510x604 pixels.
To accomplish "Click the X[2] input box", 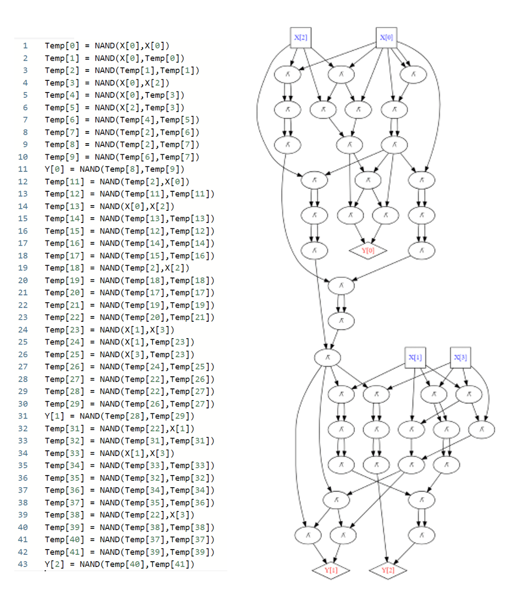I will [x=300, y=38].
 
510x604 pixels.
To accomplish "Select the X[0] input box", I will [x=386, y=38].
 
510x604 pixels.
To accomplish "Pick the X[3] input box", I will [x=460, y=357].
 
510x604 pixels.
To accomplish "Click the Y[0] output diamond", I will [x=368, y=250].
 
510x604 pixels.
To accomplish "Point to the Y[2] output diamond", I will [x=388, y=570].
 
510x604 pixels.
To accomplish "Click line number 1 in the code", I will [x=24, y=45].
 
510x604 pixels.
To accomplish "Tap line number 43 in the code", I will [x=24, y=565].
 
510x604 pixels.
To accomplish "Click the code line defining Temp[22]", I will [x=129, y=318].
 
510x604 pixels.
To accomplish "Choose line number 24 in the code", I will [x=24, y=330].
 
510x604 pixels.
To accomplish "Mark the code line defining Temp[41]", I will [x=129, y=552].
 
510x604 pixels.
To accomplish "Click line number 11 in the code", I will [x=24, y=169].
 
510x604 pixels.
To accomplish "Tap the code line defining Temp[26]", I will [x=129, y=367].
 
